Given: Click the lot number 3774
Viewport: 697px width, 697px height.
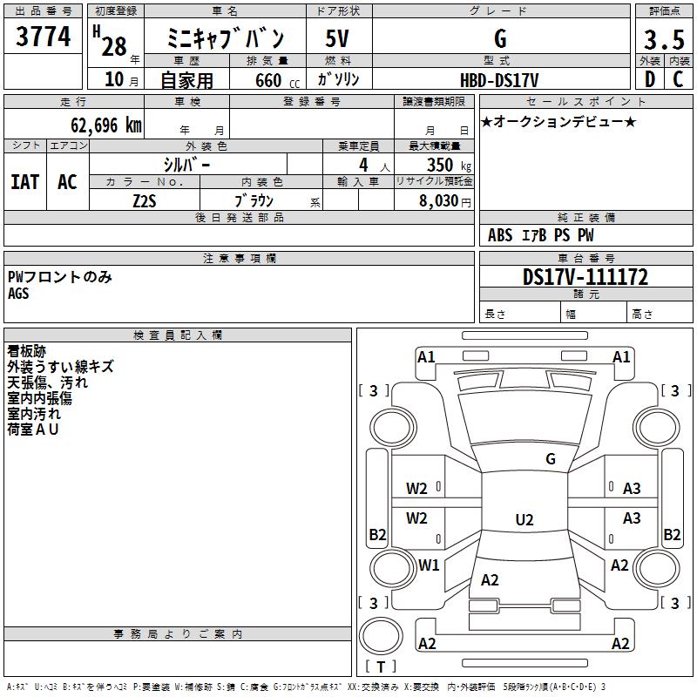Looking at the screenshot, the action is [44, 37].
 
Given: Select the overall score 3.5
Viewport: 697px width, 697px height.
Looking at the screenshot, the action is [663, 40].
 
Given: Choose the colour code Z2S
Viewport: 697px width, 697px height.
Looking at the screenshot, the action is [144, 200].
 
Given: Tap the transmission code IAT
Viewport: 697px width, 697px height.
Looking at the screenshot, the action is [24, 182].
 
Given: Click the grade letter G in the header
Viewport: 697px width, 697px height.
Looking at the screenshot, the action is [500, 39].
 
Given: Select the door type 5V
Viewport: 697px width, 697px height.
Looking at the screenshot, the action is [338, 39].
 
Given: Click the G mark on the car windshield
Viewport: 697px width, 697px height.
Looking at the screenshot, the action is [551, 459].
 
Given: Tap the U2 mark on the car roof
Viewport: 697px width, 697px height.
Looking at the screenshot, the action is [524, 520].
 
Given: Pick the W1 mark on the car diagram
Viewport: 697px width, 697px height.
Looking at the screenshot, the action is [428, 565].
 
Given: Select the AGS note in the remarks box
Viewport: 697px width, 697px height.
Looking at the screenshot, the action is [18, 294].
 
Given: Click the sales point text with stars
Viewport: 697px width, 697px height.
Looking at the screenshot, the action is [558, 121].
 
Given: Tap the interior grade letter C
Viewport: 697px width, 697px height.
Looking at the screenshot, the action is [678, 79].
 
